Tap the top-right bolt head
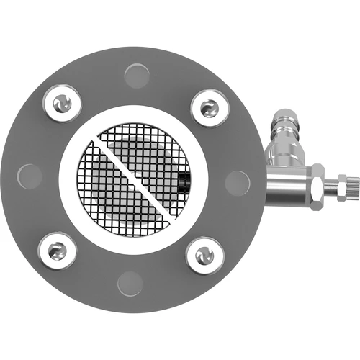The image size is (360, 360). [x=209, y=108]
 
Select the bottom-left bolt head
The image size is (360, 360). [x=56, y=250]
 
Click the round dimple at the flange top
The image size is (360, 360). [x=137, y=75]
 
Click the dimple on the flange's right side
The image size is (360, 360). [x=237, y=183]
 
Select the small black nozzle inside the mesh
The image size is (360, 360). [x=184, y=181]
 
